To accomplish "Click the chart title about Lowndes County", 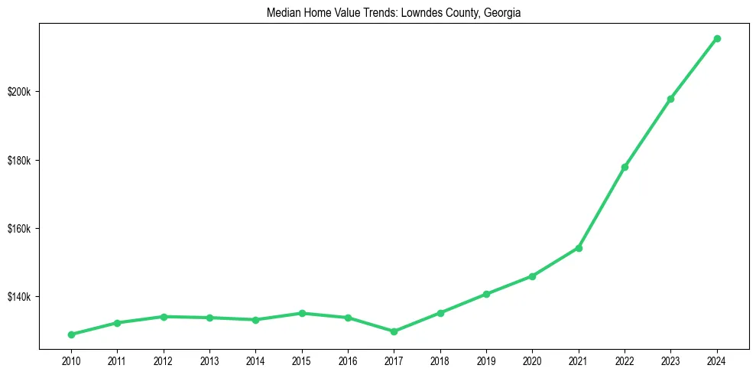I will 394,13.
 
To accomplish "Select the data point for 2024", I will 717,38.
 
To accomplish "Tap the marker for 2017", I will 394,331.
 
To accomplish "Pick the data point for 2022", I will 625,167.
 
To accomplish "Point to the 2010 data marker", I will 71,334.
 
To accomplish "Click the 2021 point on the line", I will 579,248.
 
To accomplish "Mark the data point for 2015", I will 302,313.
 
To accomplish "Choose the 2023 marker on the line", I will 670,99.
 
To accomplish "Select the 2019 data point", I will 486,294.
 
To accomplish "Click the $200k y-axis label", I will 20,92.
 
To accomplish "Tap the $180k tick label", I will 20,161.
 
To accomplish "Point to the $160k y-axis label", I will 20,229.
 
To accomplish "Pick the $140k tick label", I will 20,297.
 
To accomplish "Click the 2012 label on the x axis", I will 163,359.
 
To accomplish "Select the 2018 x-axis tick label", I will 440,359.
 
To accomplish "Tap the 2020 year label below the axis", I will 532,359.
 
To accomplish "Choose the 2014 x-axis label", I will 255,359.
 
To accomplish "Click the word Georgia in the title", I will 502,13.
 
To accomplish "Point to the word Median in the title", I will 282,13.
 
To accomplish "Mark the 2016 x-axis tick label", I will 348,359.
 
